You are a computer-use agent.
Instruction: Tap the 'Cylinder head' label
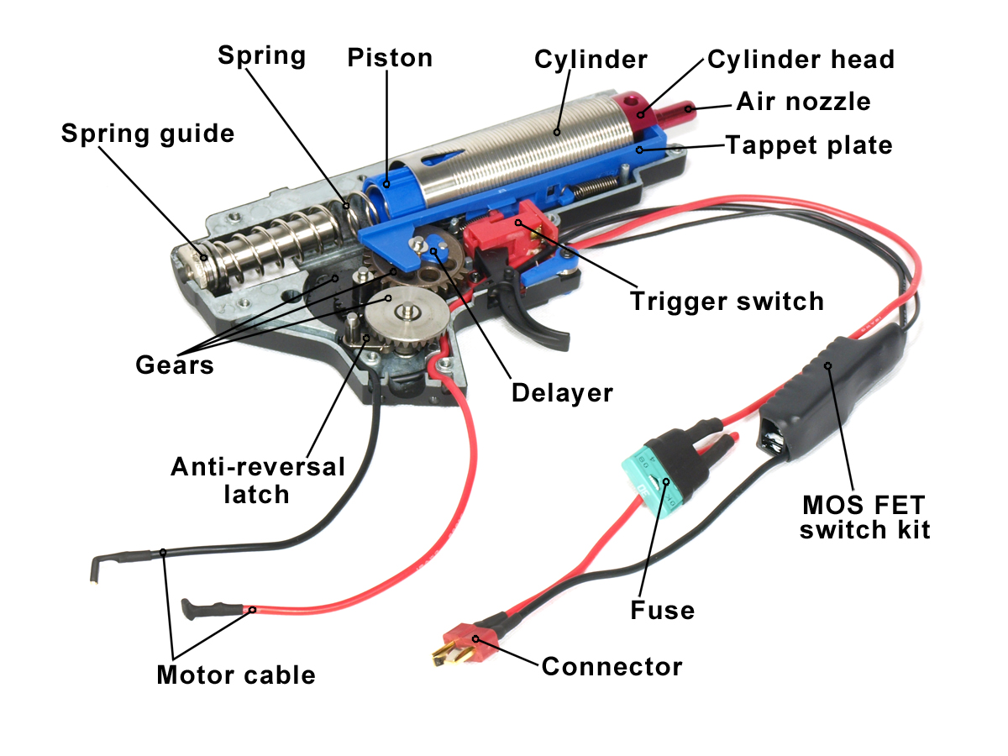pyautogui.click(x=801, y=60)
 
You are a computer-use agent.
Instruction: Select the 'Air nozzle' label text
pyautogui.click(x=803, y=102)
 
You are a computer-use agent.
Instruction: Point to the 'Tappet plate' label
pyautogui.click(x=808, y=145)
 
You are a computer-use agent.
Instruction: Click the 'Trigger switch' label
pyautogui.click(x=727, y=301)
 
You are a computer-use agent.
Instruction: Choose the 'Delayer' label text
pyautogui.click(x=562, y=392)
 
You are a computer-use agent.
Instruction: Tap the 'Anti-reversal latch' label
pyautogui.click(x=257, y=480)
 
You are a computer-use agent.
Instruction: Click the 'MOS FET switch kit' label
pyautogui.click(x=864, y=517)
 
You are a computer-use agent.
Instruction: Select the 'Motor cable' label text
pyautogui.click(x=236, y=675)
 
